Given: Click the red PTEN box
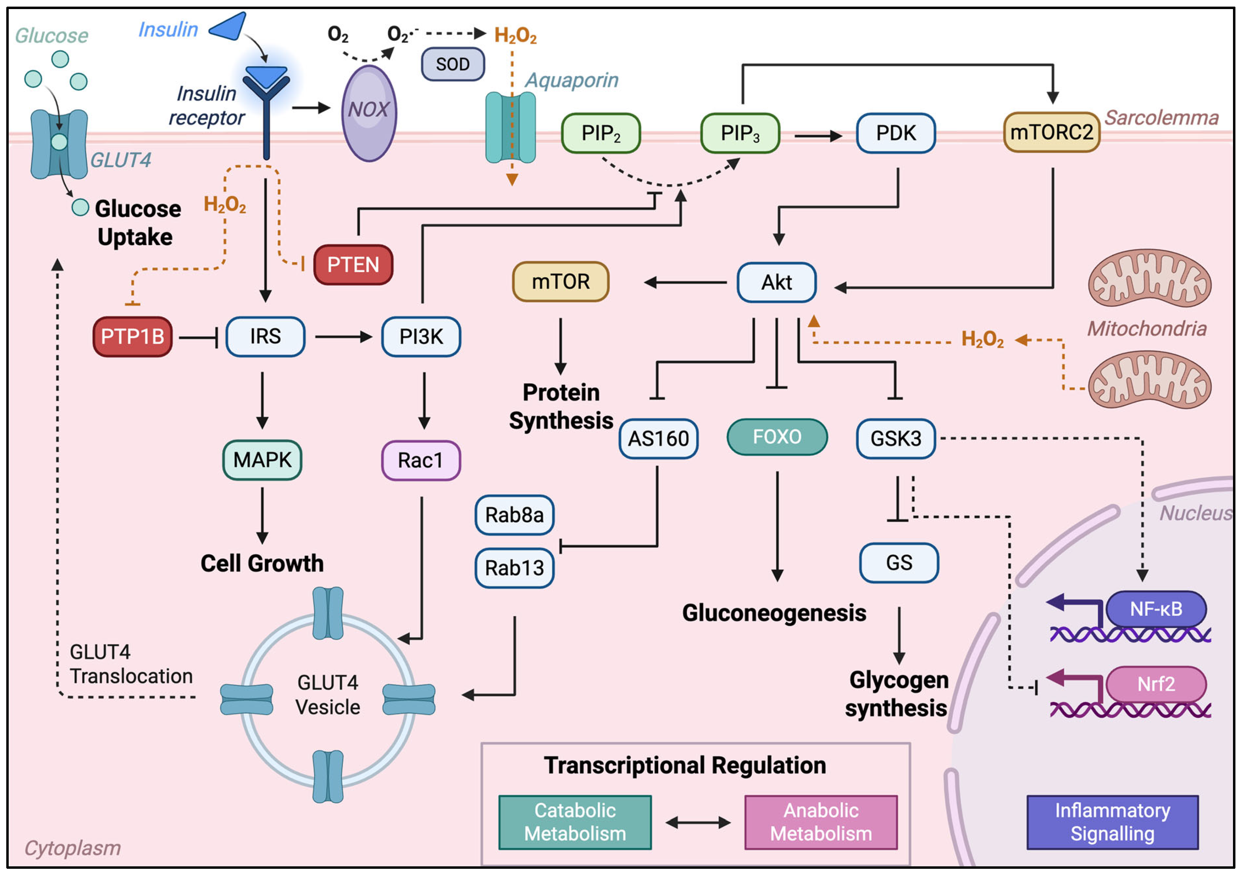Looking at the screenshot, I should (353, 265).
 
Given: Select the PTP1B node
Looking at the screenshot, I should (132, 337).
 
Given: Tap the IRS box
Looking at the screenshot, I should (265, 337).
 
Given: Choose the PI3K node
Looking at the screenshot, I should (421, 337).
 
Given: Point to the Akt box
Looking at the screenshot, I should (776, 282).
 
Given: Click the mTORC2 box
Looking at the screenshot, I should (1051, 132).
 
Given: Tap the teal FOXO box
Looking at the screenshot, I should (777, 437).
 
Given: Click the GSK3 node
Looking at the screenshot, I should (896, 438).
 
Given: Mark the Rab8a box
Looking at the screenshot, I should (514, 515).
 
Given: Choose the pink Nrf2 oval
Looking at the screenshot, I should (1156, 684).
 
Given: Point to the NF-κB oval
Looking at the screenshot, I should (1156, 609).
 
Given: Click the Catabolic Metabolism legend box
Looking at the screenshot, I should (575, 821).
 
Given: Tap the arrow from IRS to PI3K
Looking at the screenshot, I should (343, 337).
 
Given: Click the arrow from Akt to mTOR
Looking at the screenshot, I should (685, 282).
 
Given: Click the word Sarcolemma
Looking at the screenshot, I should (1161, 117).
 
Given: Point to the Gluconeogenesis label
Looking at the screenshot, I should (773, 613).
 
